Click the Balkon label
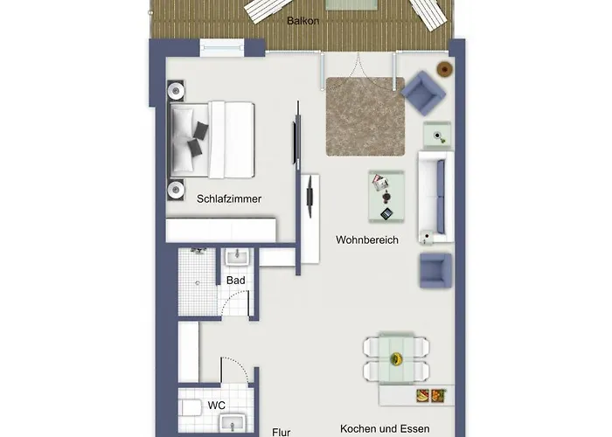[x=302, y=20]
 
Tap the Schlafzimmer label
[x=230, y=198]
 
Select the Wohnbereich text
[x=367, y=239]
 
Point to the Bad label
[x=235, y=280]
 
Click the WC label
[x=217, y=406]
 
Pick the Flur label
[x=281, y=432]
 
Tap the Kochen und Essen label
[x=386, y=429]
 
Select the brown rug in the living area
[x=365, y=116]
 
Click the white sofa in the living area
[x=435, y=197]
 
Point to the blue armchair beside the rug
[x=424, y=92]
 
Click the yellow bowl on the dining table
[x=395, y=358]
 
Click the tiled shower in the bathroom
[x=198, y=282]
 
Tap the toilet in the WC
[x=190, y=407]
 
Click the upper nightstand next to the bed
[x=176, y=90]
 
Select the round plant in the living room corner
[x=445, y=69]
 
